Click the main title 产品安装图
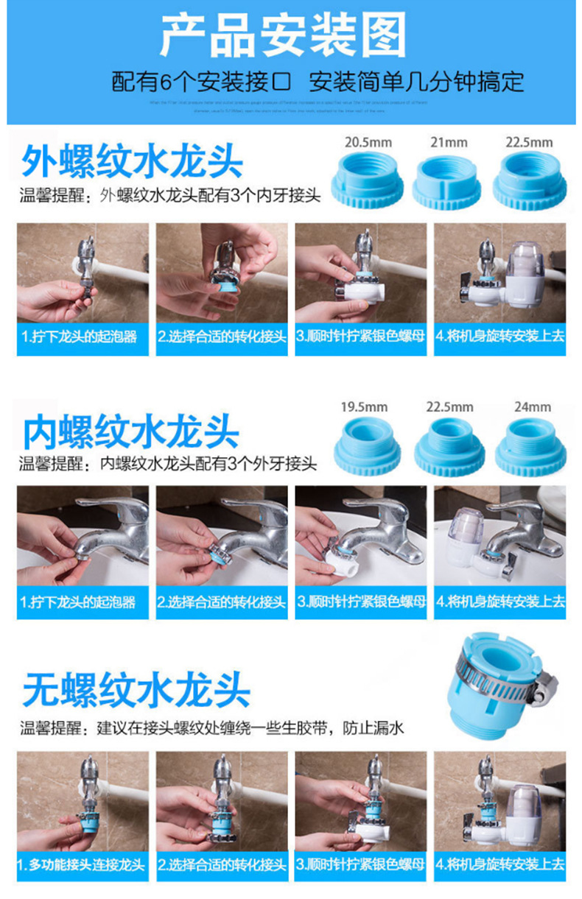point(284,35)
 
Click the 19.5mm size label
point(364,406)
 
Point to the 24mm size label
point(533,406)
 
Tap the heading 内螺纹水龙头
point(131,431)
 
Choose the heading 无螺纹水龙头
point(136,691)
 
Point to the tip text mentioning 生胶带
point(212,729)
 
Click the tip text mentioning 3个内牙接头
point(170,196)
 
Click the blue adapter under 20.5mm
point(368,182)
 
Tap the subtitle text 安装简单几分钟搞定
point(416,81)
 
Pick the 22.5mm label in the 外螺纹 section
point(529,141)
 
